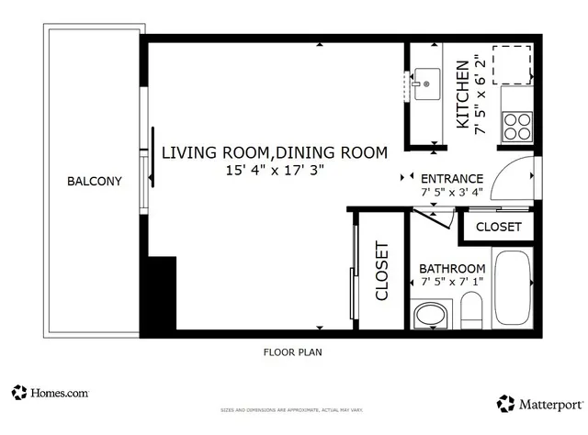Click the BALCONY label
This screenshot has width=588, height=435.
[x=94, y=181]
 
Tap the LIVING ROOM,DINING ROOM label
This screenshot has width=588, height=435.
[x=275, y=152]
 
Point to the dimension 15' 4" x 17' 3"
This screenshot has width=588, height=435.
[x=275, y=170]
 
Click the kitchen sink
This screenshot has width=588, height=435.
[x=425, y=84]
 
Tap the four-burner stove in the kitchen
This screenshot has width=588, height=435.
[x=518, y=125]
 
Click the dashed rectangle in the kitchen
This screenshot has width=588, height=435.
[x=514, y=63]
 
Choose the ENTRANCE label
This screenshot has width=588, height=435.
[x=451, y=179]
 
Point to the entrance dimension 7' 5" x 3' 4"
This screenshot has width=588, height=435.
[x=451, y=194]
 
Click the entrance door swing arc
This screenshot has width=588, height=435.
[x=512, y=179]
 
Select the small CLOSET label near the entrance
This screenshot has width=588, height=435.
[x=499, y=227]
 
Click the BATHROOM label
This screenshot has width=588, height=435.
[x=452, y=268]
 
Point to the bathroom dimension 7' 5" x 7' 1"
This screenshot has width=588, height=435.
[x=452, y=282]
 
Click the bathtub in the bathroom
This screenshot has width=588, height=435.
[x=513, y=287]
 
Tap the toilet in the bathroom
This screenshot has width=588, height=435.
[x=470, y=312]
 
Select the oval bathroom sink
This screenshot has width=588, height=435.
[x=428, y=317]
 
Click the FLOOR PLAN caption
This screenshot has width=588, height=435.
[x=292, y=351]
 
